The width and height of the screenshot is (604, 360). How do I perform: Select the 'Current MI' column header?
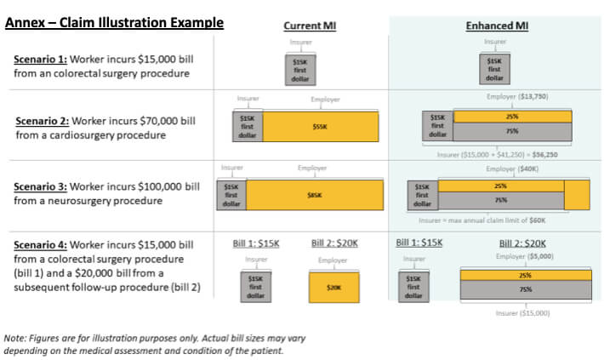310,26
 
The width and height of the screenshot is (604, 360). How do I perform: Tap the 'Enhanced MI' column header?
497,26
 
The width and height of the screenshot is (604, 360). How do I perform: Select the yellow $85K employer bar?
313,195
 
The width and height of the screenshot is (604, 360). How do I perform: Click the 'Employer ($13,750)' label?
517,96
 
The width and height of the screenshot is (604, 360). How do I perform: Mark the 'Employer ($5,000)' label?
525,256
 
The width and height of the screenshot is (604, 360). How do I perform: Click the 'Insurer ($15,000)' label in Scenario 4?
522,313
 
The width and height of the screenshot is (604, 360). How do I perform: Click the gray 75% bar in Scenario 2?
512,131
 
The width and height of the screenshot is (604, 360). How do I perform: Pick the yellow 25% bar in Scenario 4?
525,275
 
